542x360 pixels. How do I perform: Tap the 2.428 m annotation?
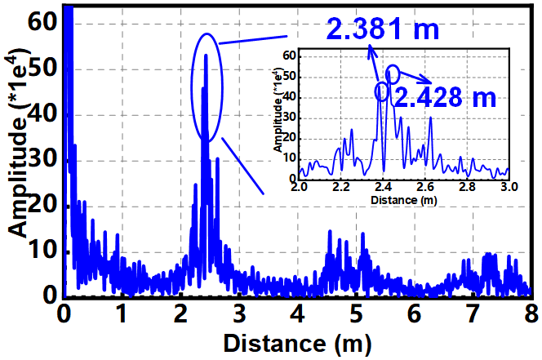(445, 97)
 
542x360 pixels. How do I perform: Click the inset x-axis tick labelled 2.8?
(467, 188)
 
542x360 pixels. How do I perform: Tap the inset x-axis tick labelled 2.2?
(341, 188)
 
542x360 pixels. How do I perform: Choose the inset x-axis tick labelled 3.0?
(509, 188)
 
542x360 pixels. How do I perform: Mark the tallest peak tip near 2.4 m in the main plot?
(206, 55)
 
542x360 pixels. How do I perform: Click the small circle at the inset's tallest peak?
(393, 73)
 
